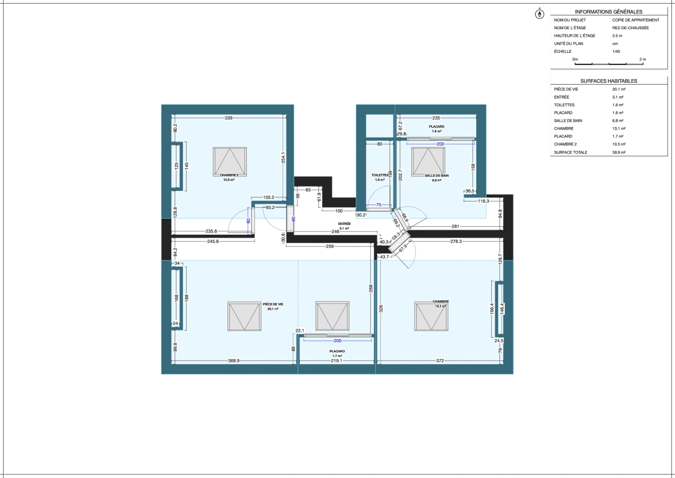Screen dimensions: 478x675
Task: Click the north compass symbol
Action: pyautogui.click(x=539, y=14)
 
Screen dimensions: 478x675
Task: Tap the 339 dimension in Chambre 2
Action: pyautogui.click(x=228, y=118)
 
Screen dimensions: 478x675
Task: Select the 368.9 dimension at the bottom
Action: pyautogui.click(x=234, y=361)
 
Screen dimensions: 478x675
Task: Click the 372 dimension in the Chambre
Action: pyautogui.click(x=440, y=361)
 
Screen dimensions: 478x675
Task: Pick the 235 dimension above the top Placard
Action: pyautogui.click(x=436, y=118)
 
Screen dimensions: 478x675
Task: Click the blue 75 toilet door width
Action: pyautogui.click(x=379, y=205)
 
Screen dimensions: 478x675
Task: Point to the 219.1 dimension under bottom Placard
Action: pyautogui.click(x=337, y=361)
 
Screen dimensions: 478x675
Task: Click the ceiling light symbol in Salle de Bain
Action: pyautogui.click(x=428, y=162)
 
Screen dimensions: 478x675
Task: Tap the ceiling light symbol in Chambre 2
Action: pyautogui.click(x=230, y=162)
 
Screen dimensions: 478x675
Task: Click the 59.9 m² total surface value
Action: pyautogui.click(x=618, y=152)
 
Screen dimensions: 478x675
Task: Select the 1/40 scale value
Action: pyautogui.click(x=616, y=51)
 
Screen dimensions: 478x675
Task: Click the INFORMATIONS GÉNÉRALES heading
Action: pyautogui.click(x=608, y=12)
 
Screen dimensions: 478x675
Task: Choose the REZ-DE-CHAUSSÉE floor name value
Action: pyautogui.click(x=630, y=28)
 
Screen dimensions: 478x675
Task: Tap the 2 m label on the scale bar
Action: pyautogui.click(x=642, y=59)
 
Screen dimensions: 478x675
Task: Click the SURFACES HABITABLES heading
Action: pyautogui.click(x=609, y=81)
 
